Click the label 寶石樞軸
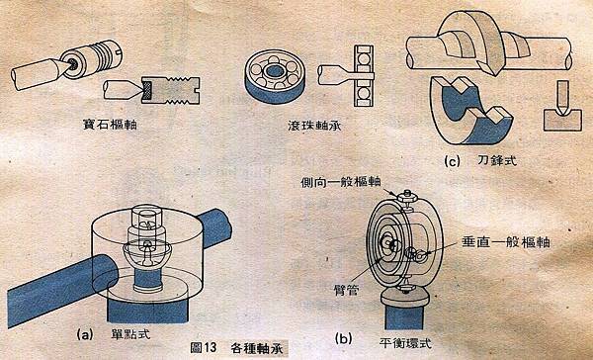click(110, 125)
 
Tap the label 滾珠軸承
click(314, 126)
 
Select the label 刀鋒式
click(496, 161)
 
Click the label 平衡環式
click(404, 343)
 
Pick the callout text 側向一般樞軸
click(340, 183)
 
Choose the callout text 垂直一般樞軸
click(506, 242)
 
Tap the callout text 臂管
click(347, 290)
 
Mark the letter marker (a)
click(85, 334)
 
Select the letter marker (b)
click(344, 338)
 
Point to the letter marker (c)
click(453, 161)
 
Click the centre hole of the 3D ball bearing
click(275, 71)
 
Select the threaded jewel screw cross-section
click(171, 90)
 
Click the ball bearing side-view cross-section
click(364, 76)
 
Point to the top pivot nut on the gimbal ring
click(406, 196)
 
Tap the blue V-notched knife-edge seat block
click(470, 112)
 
